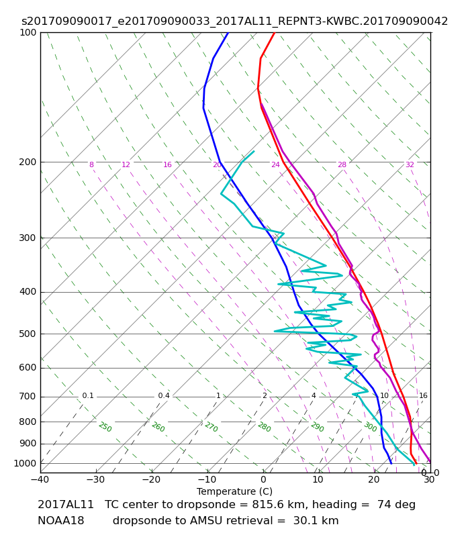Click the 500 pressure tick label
[x=28, y=334]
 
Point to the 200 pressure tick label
[x=28, y=162]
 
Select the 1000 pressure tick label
[x=25, y=463]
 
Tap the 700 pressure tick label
[x=28, y=397]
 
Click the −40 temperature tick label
[x=40, y=479]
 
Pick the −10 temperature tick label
[x=207, y=479]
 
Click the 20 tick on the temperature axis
[x=374, y=479]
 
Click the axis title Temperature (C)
[x=234, y=491]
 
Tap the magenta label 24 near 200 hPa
[x=275, y=164]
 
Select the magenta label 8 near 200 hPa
[x=91, y=164]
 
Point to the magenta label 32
[x=410, y=164]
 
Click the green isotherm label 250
[x=105, y=427]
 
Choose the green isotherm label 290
[x=317, y=427]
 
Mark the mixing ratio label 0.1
[x=88, y=395]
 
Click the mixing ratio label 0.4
[x=164, y=395]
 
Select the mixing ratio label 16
[x=423, y=395]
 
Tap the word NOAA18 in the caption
[x=61, y=521]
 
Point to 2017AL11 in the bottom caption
[x=65, y=505]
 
